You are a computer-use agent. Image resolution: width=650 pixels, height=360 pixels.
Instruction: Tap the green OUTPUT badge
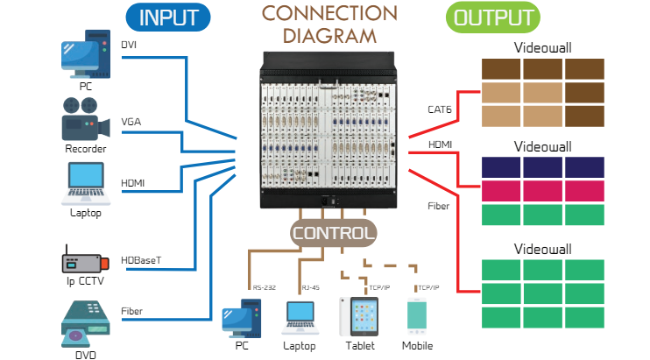tap(493, 18)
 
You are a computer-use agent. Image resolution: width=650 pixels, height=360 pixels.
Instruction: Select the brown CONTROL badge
tap(334, 234)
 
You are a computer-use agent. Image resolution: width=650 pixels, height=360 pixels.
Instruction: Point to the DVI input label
tap(130, 44)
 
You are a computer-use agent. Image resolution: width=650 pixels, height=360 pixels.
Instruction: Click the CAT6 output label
tap(440, 109)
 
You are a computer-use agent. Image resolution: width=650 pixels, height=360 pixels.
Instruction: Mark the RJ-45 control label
tap(310, 287)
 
